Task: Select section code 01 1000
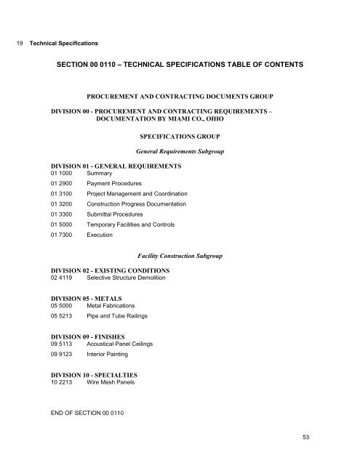(x=62, y=174)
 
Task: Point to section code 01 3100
(x=62, y=195)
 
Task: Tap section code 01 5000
(x=62, y=225)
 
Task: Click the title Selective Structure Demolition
(x=130, y=278)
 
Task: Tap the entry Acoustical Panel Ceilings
(x=121, y=345)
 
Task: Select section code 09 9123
(x=62, y=355)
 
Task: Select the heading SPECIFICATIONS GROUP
(x=189, y=136)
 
